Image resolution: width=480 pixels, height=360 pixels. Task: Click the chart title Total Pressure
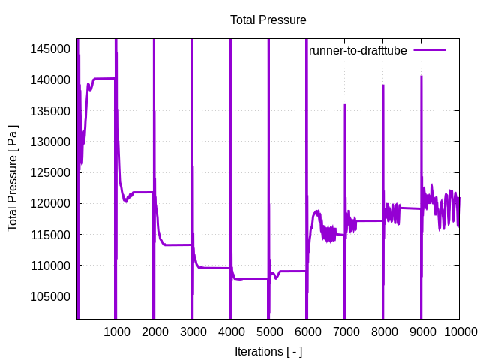[268, 19]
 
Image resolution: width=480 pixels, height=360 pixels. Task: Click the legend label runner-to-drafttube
[358, 50]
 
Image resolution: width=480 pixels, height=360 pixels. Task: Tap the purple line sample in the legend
[430, 49]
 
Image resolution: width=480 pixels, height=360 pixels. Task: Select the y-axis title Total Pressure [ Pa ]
[13, 178]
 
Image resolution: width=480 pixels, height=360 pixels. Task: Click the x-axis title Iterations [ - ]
[268, 350]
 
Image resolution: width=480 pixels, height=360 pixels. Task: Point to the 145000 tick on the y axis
[51, 49]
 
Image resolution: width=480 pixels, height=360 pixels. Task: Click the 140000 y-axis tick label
[51, 79]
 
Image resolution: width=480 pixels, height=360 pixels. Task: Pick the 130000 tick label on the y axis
[51, 142]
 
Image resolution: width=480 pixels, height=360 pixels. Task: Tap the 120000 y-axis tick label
[51, 203]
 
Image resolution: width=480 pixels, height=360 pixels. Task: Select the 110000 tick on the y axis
[51, 265]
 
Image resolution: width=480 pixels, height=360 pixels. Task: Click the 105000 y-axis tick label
[51, 296]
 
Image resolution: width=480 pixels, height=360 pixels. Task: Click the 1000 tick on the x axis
[115, 331]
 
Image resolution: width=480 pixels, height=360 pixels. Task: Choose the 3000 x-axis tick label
[192, 331]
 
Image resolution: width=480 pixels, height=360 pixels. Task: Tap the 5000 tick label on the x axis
[268, 331]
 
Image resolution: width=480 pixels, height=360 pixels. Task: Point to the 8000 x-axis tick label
[383, 331]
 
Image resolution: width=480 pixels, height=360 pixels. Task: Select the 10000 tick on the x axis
[459, 331]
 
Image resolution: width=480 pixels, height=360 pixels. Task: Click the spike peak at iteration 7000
[345, 104]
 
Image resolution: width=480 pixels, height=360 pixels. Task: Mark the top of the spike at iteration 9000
[421, 76]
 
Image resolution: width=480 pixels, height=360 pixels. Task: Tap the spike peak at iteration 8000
[383, 85]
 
